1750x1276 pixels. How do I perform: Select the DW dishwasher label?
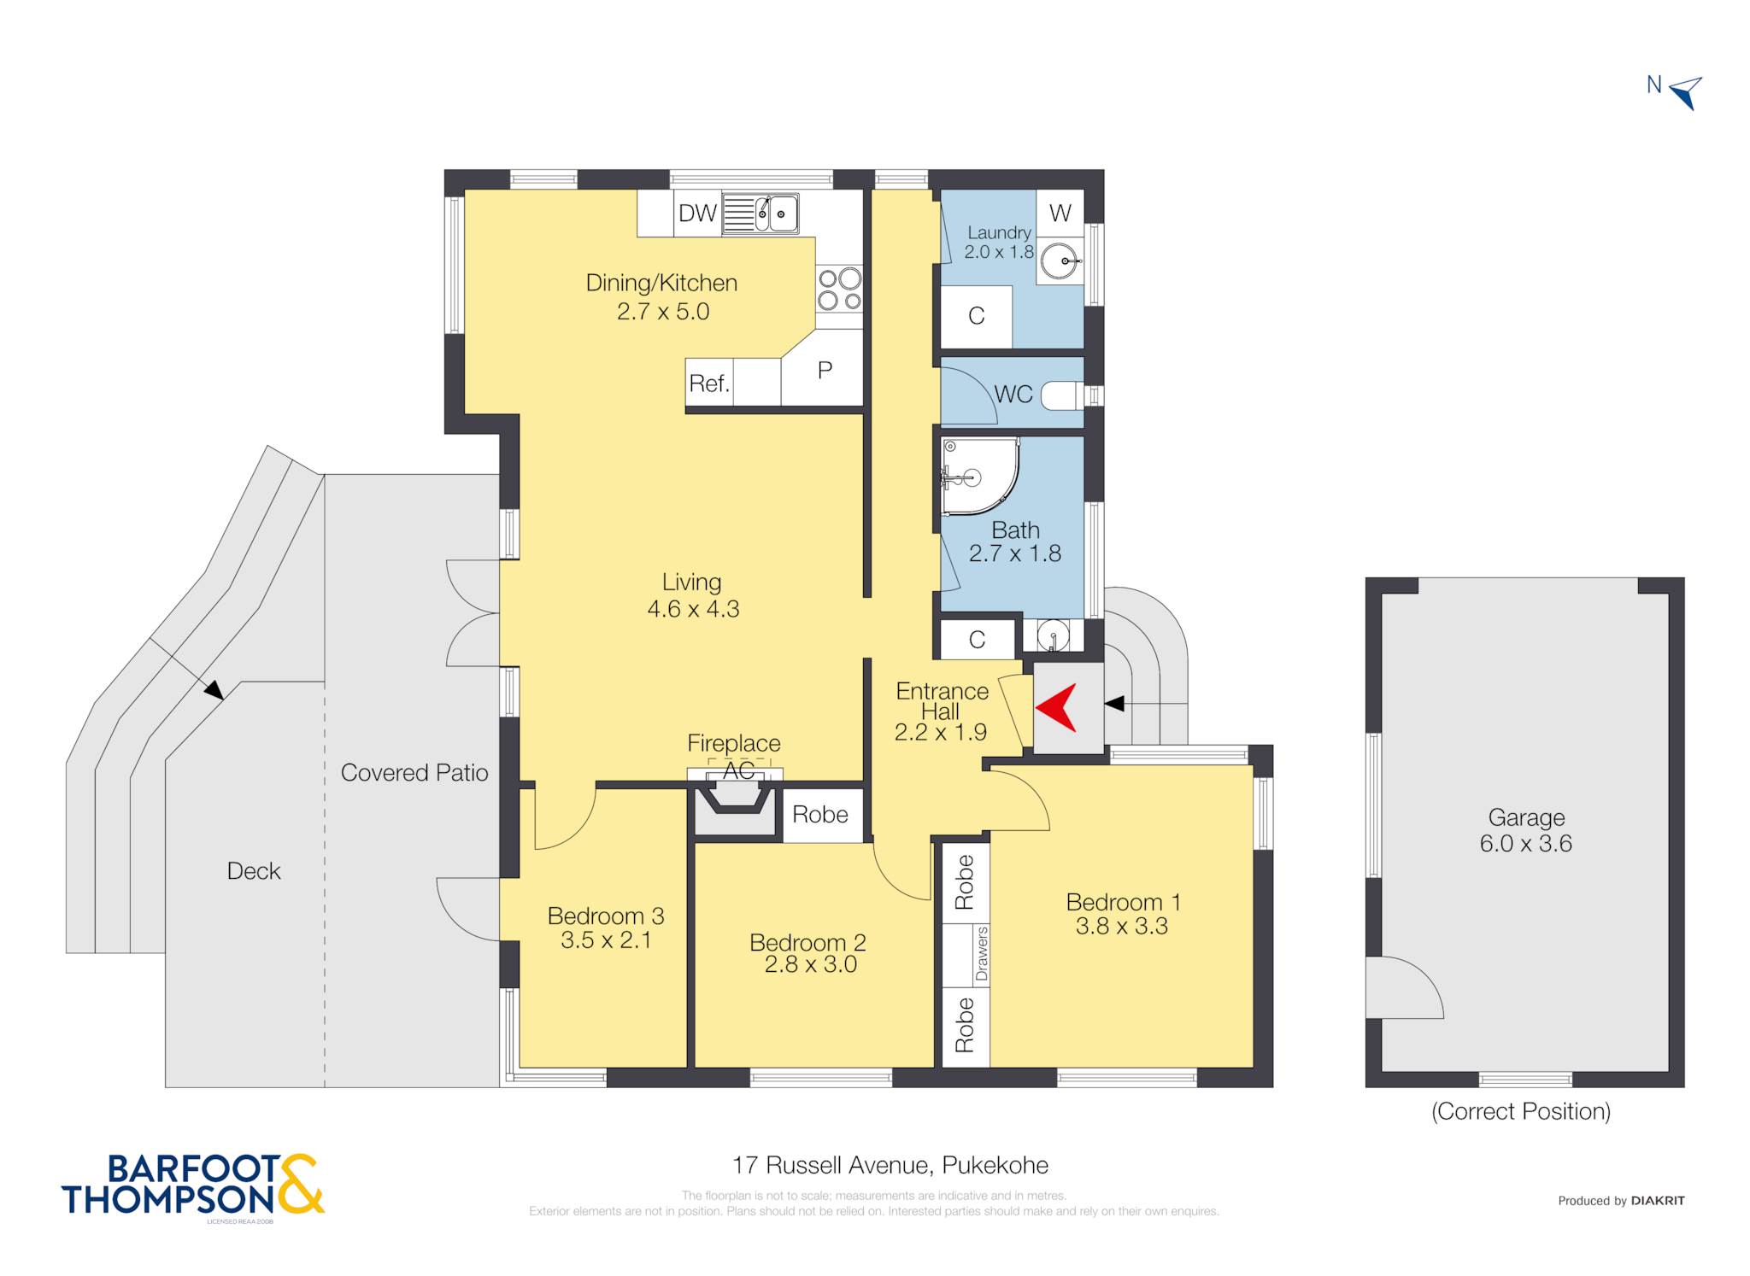pyautogui.click(x=697, y=214)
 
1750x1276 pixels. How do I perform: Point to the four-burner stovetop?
pyautogui.click(x=839, y=289)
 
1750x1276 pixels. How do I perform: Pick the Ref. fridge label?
pyautogui.click(x=709, y=383)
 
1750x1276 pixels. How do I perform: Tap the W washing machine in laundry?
pyautogui.click(x=1060, y=213)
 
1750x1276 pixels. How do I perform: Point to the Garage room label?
pyautogui.click(x=1526, y=817)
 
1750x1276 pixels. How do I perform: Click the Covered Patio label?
pyautogui.click(x=414, y=772)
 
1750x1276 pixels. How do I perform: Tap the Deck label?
pyautogui.click(x=254, y=870)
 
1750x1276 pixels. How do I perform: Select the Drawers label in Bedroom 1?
pyautogui.click(x=981, y=953)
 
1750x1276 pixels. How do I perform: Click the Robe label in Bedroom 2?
pyautogui.click(x=820, y=814)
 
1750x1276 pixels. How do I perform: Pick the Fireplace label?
pyautogui.click(x=734, y=743)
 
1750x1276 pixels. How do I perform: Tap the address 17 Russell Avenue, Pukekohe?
pyautogui.click(x=890, y=1165)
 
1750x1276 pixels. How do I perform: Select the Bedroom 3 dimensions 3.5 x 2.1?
pyautogui.click(x=606, y=940)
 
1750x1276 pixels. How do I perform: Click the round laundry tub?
pyautogui.click(x=1060, y=260)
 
